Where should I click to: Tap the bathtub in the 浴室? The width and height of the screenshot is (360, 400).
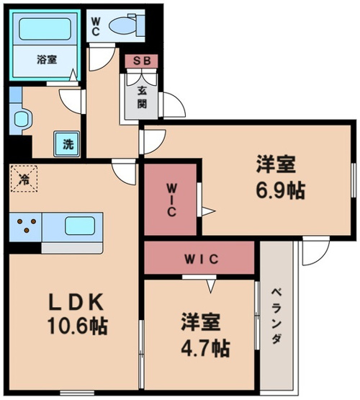[45, 29]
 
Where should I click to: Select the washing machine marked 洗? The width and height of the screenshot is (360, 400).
[67, 144]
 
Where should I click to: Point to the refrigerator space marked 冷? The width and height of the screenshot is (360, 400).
[24, 178]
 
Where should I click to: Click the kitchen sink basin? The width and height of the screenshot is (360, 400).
[80, 226]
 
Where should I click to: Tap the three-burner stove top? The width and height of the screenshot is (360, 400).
[26, 226]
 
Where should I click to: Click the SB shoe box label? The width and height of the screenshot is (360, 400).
[142, 61]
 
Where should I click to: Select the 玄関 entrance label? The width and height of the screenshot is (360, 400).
[142, 97]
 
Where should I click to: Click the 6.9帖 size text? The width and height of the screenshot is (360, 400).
[280, 190]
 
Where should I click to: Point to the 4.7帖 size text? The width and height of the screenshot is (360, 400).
[205, 348]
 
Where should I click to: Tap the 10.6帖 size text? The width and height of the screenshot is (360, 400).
[78, 326]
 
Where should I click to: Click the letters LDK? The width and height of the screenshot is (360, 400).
[76, 302]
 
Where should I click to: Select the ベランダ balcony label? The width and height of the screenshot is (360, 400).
[276, 316]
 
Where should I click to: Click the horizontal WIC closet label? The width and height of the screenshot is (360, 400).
[202, 259]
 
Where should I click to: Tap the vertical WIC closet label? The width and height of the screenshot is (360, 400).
[171, 200]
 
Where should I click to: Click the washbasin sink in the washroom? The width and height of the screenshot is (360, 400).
[21, 119]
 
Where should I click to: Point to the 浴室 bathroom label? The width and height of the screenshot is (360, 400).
[47, 60]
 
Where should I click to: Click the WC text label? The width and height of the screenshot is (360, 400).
[95, 26]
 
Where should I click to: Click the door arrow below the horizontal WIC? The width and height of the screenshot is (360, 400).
[210, 286]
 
